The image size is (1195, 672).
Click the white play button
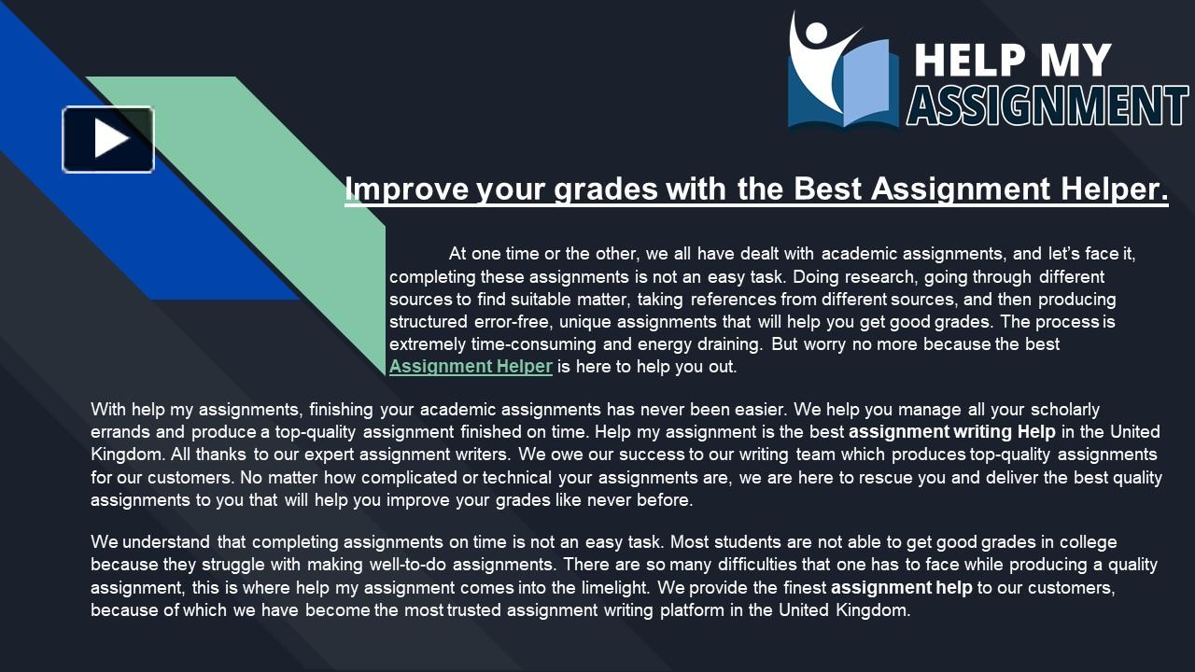108,139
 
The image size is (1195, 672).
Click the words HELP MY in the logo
1013,60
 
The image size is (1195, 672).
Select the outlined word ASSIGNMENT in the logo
1047,105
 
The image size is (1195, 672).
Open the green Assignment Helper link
471,367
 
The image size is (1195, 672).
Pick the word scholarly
1064,410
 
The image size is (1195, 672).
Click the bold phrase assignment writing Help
952,432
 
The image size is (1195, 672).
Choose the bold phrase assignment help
902,588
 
